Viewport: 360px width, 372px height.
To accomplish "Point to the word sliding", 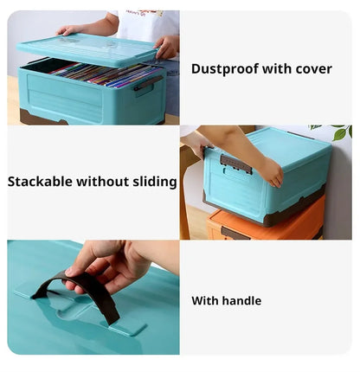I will (x=156, y=182).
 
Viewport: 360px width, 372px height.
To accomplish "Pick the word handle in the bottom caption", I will (x=241, y=301).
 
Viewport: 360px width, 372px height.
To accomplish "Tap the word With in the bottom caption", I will (x=204, y=301).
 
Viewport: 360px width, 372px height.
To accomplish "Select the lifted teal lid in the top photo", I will (x=87, y=50).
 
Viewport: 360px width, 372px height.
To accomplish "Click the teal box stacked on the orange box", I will (x=268, y=177).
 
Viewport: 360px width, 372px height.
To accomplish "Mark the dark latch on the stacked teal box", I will (x=235, y=164).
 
